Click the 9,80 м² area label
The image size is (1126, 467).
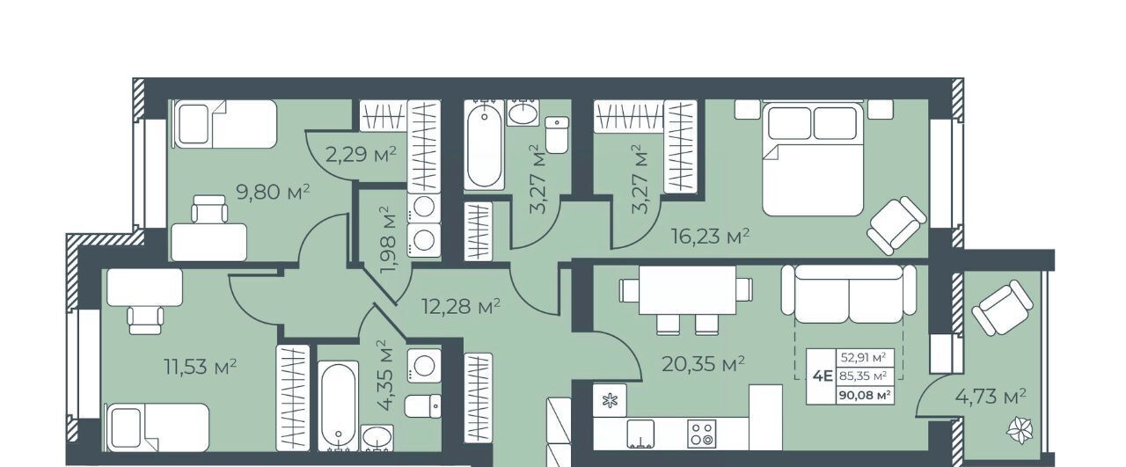tap(273, 192)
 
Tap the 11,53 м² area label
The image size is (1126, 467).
tap(201, 367)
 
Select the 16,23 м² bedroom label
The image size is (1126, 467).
tap(711, 236)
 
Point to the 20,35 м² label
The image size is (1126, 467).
tap(703, 363)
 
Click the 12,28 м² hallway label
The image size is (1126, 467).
tap(461, 306)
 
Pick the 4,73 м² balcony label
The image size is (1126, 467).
tap(991, 397)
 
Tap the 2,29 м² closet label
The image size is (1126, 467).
tap(361, 154)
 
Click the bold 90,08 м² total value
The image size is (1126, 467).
tap(865, 396)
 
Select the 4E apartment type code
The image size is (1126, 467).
tap(823, 376)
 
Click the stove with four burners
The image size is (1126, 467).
tap(702, 434)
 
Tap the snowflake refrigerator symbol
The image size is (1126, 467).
tap(610, 401)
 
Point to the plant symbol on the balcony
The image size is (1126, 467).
tap(1020, 431)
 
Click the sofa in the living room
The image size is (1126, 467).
tap(849, 294)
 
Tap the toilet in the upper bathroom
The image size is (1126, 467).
tap(557, 135)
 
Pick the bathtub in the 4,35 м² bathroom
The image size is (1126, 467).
tap(339, 405)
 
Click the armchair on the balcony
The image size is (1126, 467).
tap(1002, 308)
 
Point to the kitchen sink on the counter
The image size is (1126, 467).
tap(641, 434)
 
